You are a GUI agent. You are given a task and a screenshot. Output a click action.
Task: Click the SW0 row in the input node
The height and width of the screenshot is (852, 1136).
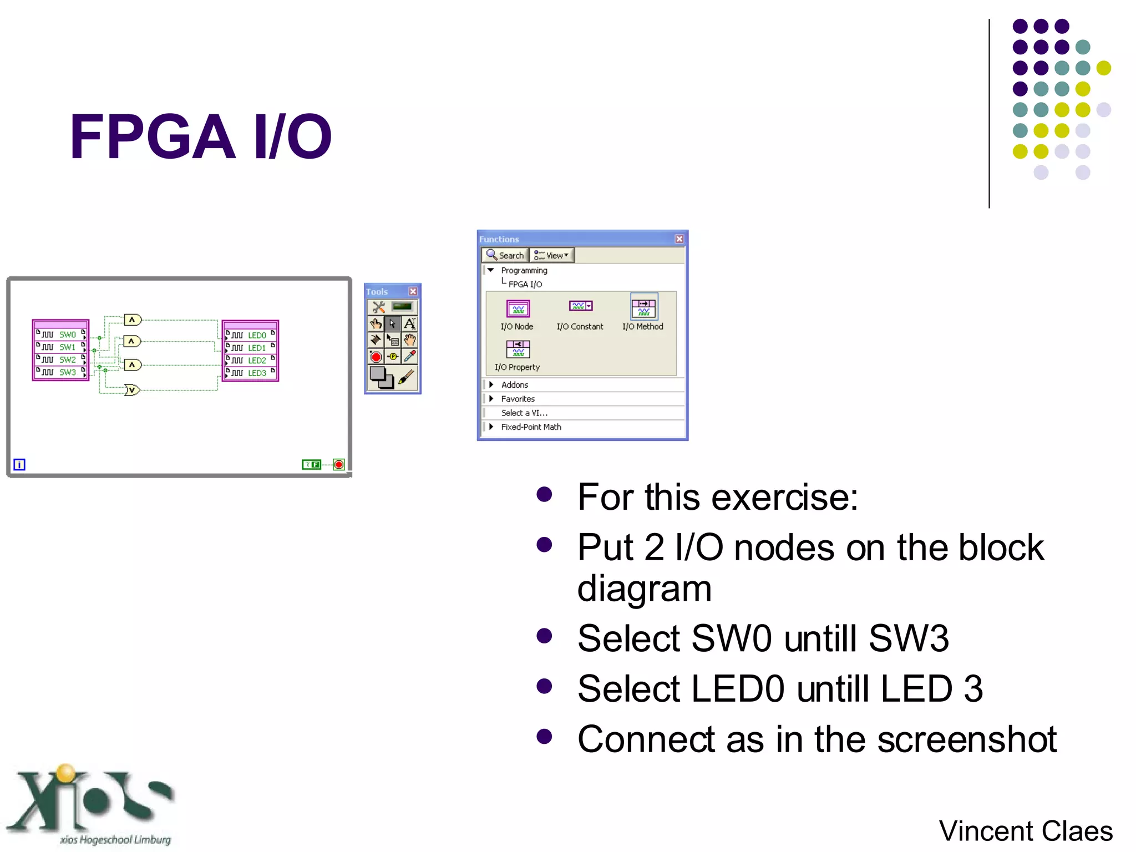[61, 334]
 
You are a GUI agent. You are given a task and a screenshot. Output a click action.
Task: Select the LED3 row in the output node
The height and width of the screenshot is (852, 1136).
[250, 373]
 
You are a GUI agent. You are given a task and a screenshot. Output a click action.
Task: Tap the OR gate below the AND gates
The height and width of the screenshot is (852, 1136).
[132, 390]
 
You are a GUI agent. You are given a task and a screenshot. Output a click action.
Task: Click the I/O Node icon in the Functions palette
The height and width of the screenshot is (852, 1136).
[518, 309]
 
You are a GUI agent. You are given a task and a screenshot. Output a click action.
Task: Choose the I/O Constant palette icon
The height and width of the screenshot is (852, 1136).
[580, 306]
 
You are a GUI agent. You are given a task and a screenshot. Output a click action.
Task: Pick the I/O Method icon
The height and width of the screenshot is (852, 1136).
[643, 307]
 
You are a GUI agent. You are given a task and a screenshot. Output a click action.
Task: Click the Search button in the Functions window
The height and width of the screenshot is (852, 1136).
[505, 255]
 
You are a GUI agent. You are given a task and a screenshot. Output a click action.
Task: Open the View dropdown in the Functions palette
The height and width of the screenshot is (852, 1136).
[552, 255]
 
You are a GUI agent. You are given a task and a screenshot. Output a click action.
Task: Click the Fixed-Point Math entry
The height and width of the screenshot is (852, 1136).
[531, 427]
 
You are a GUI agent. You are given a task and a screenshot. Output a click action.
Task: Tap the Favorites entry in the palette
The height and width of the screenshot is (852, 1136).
[518, 399]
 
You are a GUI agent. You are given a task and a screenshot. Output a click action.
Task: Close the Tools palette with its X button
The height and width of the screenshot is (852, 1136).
[413, 291]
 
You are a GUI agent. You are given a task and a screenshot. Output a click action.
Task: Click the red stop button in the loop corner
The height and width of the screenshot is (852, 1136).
[339, 464]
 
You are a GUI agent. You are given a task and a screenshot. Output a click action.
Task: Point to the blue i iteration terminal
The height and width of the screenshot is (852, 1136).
[19, 464]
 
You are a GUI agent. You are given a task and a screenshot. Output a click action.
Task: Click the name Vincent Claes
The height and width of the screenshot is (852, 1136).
[1025, 831]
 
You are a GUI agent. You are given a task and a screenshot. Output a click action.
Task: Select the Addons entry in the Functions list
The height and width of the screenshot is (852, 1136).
[514, 385]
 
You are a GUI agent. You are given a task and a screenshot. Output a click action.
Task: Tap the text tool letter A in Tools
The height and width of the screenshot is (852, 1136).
[409, 324]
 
